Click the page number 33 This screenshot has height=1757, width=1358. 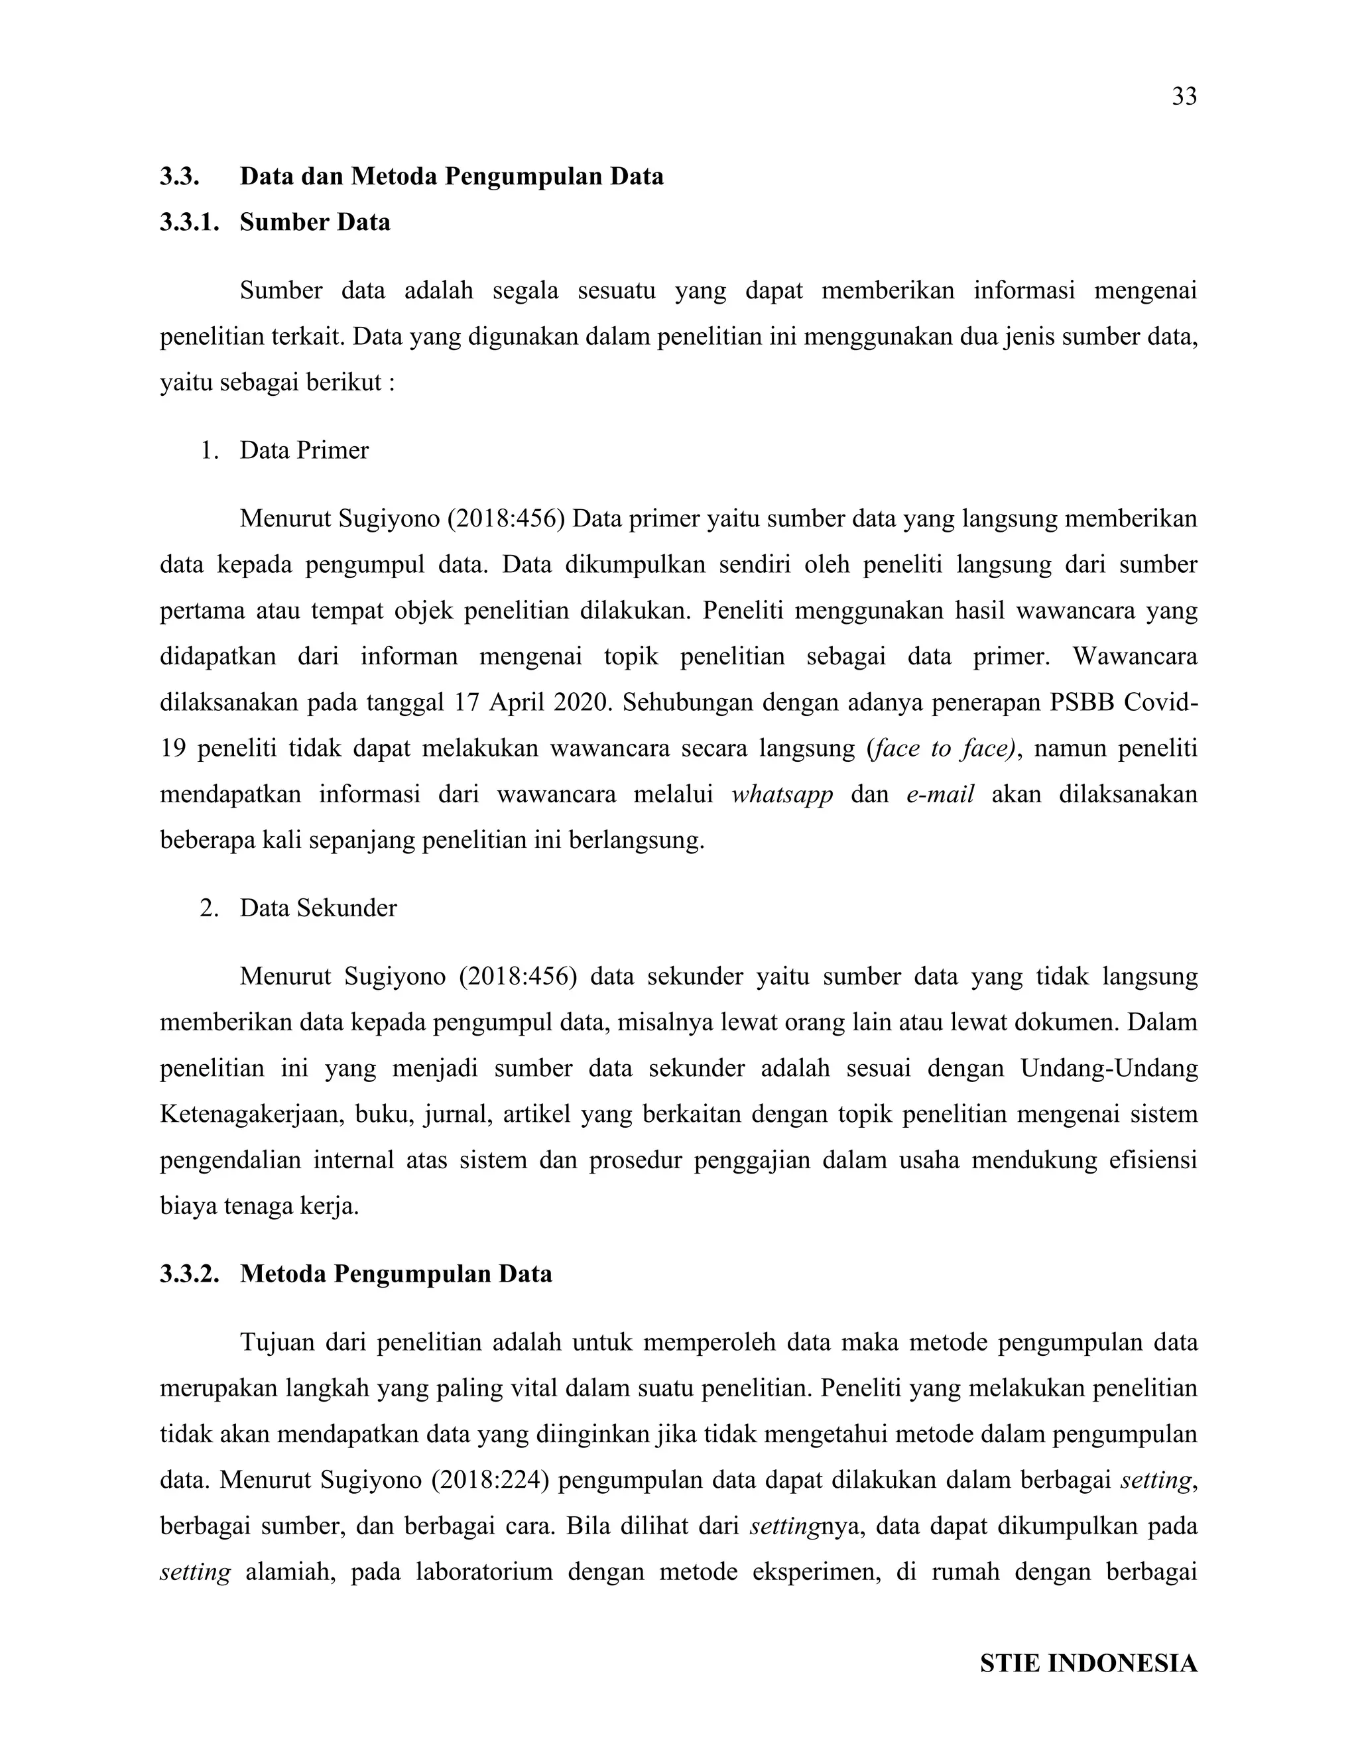(x=1184, y=97)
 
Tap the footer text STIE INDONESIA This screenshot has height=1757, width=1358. (x=1087, y=1663)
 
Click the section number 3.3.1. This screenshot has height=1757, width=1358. (x=189, y=222)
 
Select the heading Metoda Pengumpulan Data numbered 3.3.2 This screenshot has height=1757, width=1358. (x=396, y=1274)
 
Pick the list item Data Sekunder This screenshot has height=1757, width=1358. (x=318, y=908)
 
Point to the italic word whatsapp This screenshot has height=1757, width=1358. (x=782, y=795)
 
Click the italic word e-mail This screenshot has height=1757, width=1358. (x=940, y=795)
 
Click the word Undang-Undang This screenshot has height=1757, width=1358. (x=1109, y=1068)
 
